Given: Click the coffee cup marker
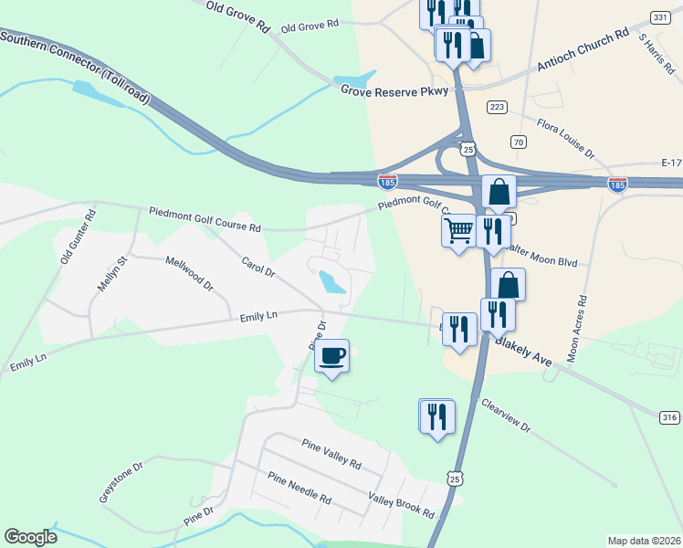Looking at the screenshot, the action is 331,354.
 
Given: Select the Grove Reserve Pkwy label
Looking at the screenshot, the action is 395,91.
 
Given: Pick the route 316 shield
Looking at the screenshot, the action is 669,417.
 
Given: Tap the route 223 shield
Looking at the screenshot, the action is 497,107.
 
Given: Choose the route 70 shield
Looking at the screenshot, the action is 519,142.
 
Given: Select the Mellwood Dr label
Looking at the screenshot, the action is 189,273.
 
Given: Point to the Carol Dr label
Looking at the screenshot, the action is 258,266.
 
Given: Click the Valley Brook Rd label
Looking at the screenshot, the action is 401,504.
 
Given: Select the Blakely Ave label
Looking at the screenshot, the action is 524,350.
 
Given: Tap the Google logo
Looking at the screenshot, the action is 30,537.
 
